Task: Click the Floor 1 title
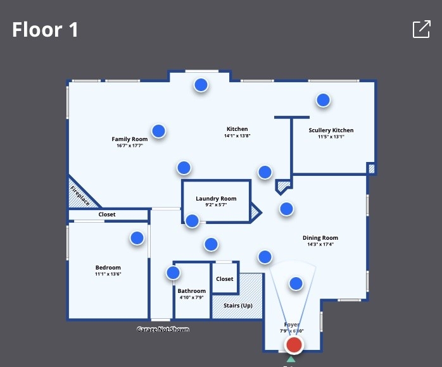[x=45, y=29]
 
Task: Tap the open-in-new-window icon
[x=421, y=29]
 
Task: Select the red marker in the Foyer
[x=294, y=345]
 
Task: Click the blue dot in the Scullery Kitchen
[x=324, y=100]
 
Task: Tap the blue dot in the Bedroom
[x=137, y=238]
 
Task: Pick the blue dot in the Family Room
[x=159, y=131]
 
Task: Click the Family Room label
[x=130, y=139]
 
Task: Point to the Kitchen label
[x=237, y=129]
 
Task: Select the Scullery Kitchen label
[x=331, y=130]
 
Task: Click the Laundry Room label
[x=216, y=199]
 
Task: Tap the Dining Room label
[x=320, y=238]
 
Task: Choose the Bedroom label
[x=108, y=268]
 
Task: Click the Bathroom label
[x=192, y=291]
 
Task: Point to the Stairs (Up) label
[x=237, y=306]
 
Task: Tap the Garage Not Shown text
[x=163, y=330]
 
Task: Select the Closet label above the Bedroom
[x=107, y=215]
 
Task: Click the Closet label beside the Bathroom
[x=225, y=278]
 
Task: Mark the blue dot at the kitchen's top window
[x=201, y=84]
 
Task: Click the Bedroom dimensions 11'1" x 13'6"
[x=108, y=274]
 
